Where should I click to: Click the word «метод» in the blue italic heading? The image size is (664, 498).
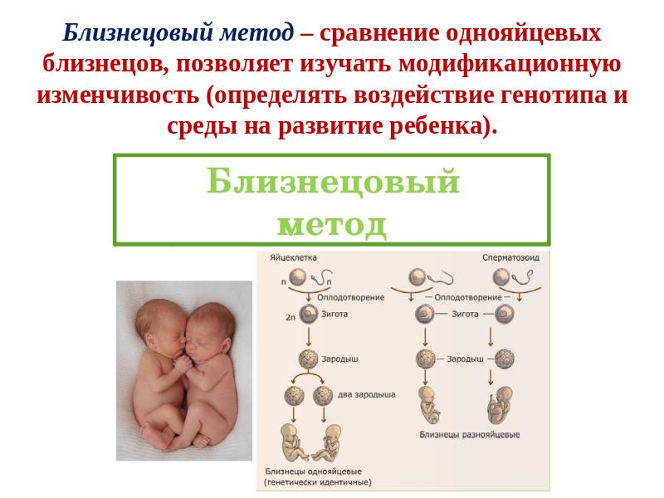pyautogui.click(x=256, y=33)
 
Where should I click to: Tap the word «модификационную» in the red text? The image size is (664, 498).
pyautogui.click(x=510, y=64)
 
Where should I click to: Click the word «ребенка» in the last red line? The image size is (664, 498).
pyautogui.click(x=436, y=126)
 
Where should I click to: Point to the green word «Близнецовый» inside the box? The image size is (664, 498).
pyautogui.click(x=333, y=181)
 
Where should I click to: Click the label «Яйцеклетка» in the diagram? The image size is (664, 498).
pyautogui.click(x=293, y=257)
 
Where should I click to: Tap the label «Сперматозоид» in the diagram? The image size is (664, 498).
pyautogui.click(x=510, y=257)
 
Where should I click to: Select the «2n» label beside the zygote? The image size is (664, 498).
pyautogui.click(x=290, y=317)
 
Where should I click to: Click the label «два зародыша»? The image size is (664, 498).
pyautogui.click(x=366, y=395)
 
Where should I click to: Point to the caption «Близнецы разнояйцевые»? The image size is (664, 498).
pyautogui.click(x=470, y=434)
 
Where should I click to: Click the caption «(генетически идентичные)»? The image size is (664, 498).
pyautogui.click(x=318, y=482)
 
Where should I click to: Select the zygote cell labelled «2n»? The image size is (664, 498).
pyautogui.click(x=309, y=315)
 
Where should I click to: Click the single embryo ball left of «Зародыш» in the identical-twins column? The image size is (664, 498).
pyautogui.click(x=308, y=359)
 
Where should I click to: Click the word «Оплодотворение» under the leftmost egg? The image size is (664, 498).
pyautogui.click(x=350, y=297)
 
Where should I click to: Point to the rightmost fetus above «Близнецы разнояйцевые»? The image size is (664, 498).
pyautogui.click(x=500, y=404)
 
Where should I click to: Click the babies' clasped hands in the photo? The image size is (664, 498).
pyautogui.click(x=183, y=363)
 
